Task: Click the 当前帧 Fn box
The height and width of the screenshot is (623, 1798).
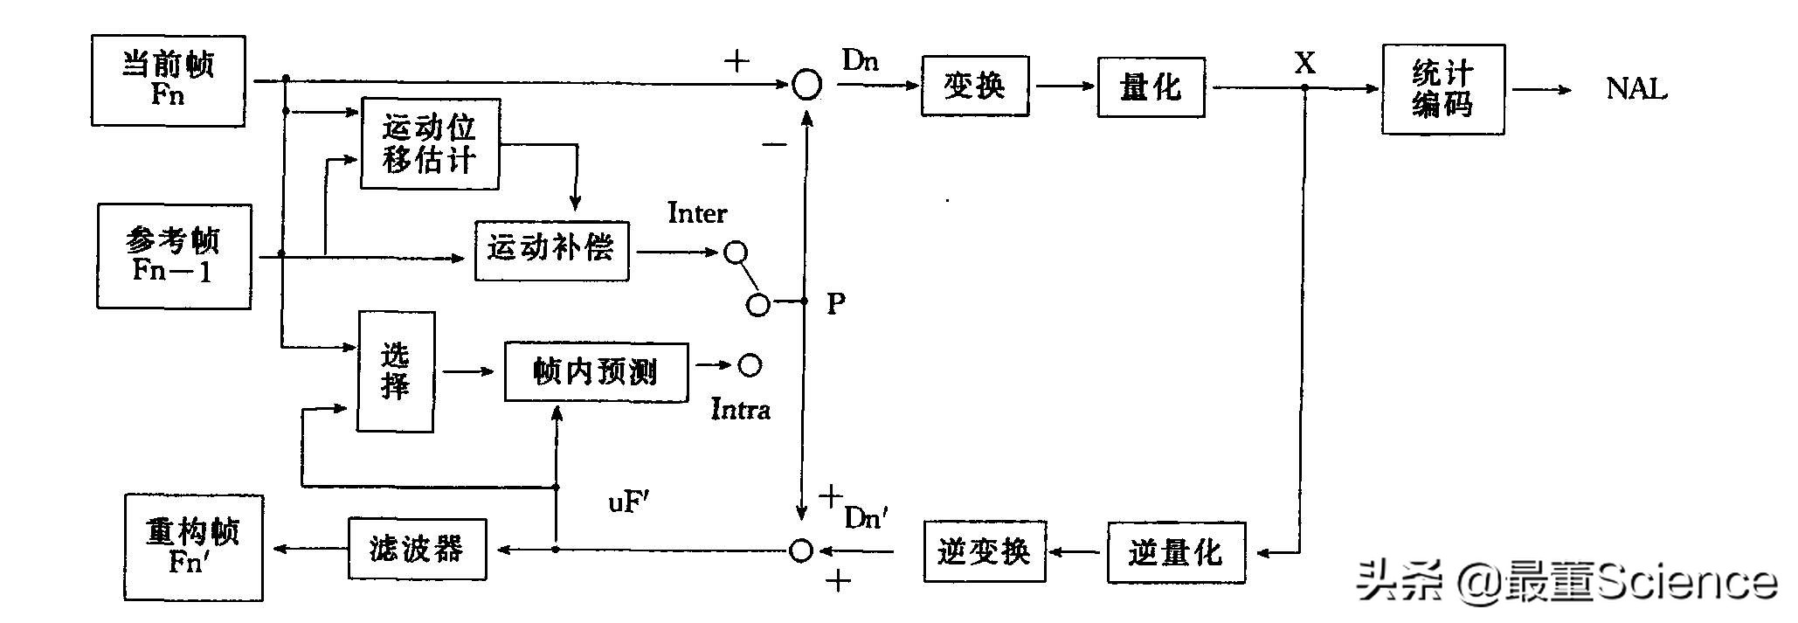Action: [168, 80]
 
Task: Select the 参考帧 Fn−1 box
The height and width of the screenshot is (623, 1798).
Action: [174, 256]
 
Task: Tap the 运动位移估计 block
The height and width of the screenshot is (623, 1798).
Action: [430, 143]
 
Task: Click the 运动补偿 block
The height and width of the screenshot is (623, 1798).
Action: [551, 250]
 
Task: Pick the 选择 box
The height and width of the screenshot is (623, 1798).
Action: [395, 371]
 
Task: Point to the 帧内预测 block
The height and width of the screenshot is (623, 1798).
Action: [596, 372]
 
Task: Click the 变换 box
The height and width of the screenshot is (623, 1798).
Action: [974, 86]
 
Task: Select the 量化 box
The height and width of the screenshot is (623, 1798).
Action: [1151, 87]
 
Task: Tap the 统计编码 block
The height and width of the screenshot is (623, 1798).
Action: [1442, 89]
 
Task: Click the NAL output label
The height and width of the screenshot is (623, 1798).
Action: [1636, 89]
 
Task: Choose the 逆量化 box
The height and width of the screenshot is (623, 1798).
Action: [1175, 552]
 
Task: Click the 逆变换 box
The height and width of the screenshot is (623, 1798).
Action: [984, 551]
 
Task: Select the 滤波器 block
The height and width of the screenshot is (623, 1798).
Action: [417, 549]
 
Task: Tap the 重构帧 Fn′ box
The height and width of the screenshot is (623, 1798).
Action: [193, 547]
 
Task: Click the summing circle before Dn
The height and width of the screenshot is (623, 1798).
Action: [806, 85]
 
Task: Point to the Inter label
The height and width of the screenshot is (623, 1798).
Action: [696, 213]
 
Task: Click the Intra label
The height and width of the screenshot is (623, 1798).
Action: [740, 410]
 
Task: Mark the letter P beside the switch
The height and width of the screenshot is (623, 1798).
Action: [836, 304]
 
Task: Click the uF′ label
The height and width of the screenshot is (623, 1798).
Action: [629, 502]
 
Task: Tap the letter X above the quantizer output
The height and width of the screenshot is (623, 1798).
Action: [1304, 63]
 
